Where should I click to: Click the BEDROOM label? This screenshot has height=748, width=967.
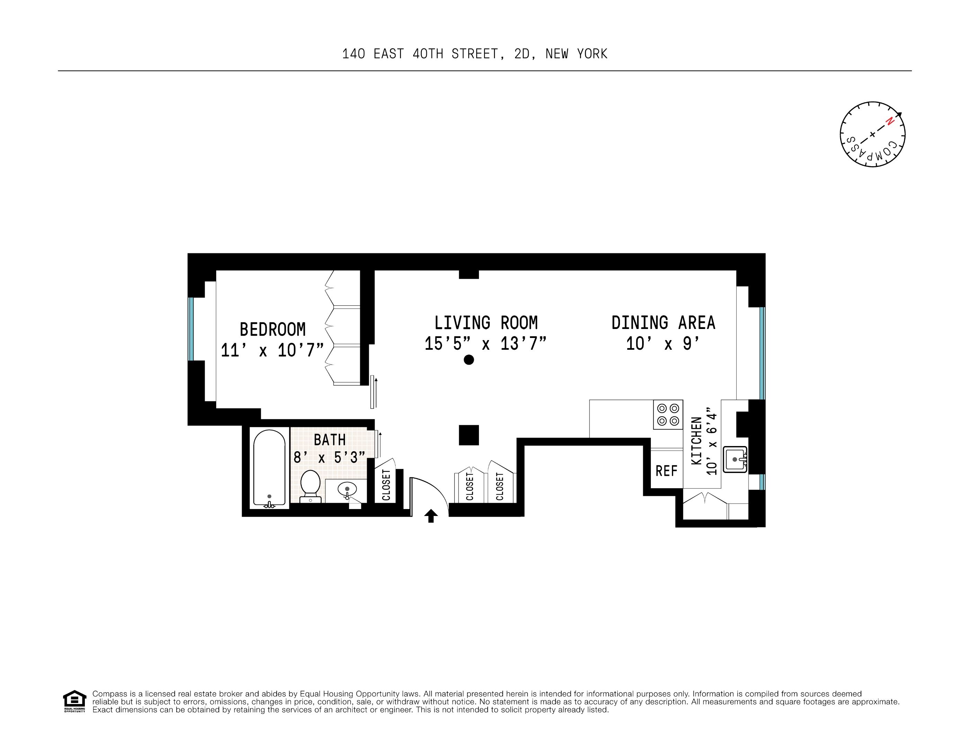[272, 329]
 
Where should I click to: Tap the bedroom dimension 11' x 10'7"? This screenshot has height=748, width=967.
[272, 350]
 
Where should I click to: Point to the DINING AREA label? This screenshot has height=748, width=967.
[663, 323]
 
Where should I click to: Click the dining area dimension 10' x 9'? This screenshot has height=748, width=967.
[663, 344]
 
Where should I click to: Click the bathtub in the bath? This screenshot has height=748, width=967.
[269, 468]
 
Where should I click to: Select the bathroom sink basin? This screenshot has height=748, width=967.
[347, 489]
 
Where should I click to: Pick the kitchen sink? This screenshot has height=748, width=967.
[735, 460]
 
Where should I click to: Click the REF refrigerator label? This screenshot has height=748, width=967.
[666, 471]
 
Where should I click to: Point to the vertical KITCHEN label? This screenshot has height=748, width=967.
[697, 441]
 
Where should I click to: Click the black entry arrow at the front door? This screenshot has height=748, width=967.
[431, 516]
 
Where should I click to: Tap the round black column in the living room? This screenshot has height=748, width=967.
[469, 360]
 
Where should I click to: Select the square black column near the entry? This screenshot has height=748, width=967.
[469, 435]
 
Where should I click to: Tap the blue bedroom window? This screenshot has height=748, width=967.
[191, 329]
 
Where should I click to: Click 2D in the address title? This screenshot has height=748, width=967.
[522, 54]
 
